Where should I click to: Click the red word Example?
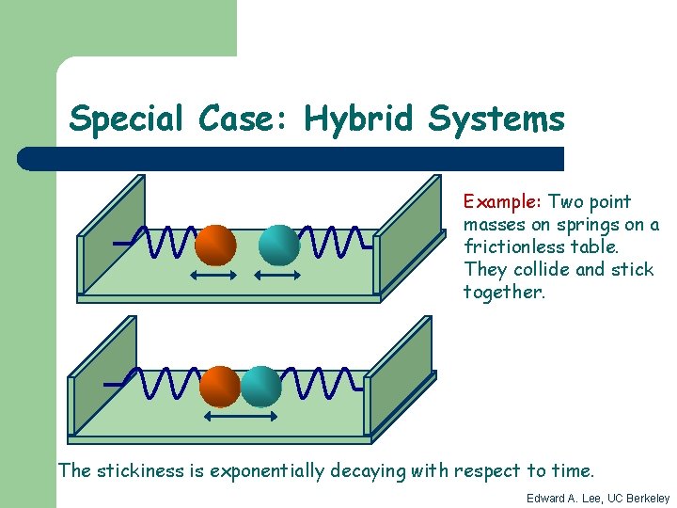coord(500,201)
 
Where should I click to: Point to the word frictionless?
coord(508,246)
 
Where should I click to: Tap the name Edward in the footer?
coord(545,498)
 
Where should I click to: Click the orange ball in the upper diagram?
coord(215,246)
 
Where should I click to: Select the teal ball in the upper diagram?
coord(278,245)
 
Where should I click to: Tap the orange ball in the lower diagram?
coord(221,386)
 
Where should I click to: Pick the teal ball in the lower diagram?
coord(260,386)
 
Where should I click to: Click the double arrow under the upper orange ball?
coord(215,276)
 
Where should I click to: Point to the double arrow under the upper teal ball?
coord(278,276)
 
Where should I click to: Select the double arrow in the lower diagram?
coord(241,416)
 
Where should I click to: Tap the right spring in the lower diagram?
coord(320,382)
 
